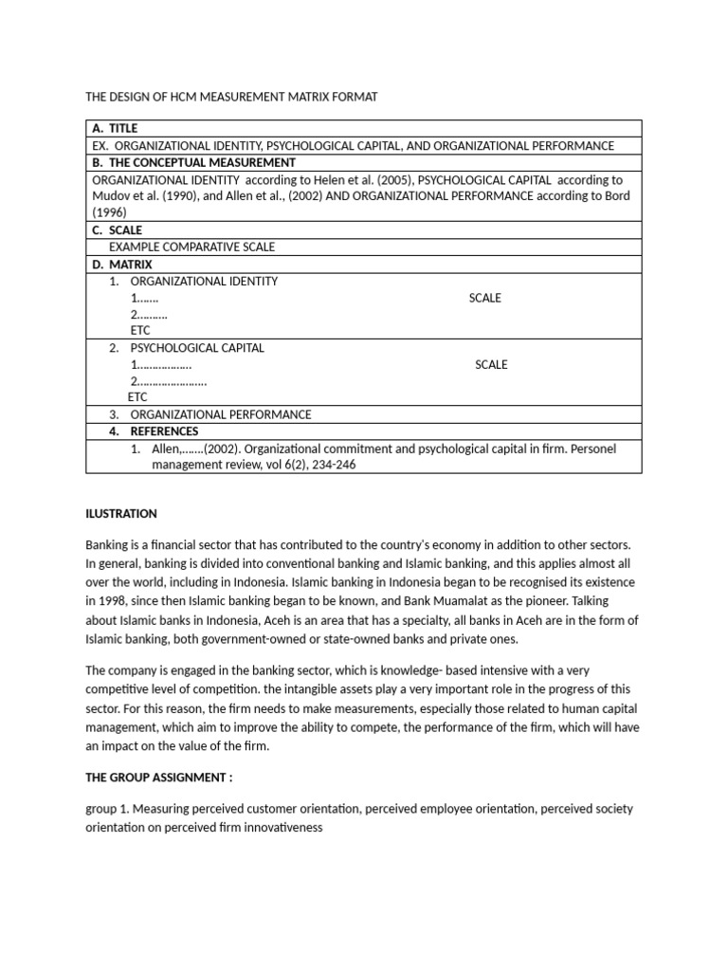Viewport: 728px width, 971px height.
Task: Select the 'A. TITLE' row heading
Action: click(x=115, y=128)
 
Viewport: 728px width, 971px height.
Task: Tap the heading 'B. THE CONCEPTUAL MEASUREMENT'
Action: click(x=193, y=162)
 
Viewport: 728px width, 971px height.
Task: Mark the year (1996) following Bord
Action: click(x=109, y=212)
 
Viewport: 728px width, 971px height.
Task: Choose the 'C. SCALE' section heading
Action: click(x=117, y=229)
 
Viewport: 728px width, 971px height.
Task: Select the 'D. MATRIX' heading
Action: click(x=121, y=264)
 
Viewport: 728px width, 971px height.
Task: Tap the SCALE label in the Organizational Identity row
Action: click(x=484, y=298)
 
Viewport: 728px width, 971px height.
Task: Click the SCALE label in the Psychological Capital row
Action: click(x=491, y=364)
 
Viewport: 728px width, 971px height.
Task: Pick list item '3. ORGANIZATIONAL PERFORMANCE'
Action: click(x=209, y=414)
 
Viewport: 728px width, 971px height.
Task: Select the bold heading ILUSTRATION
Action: click(x=121, y=514)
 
